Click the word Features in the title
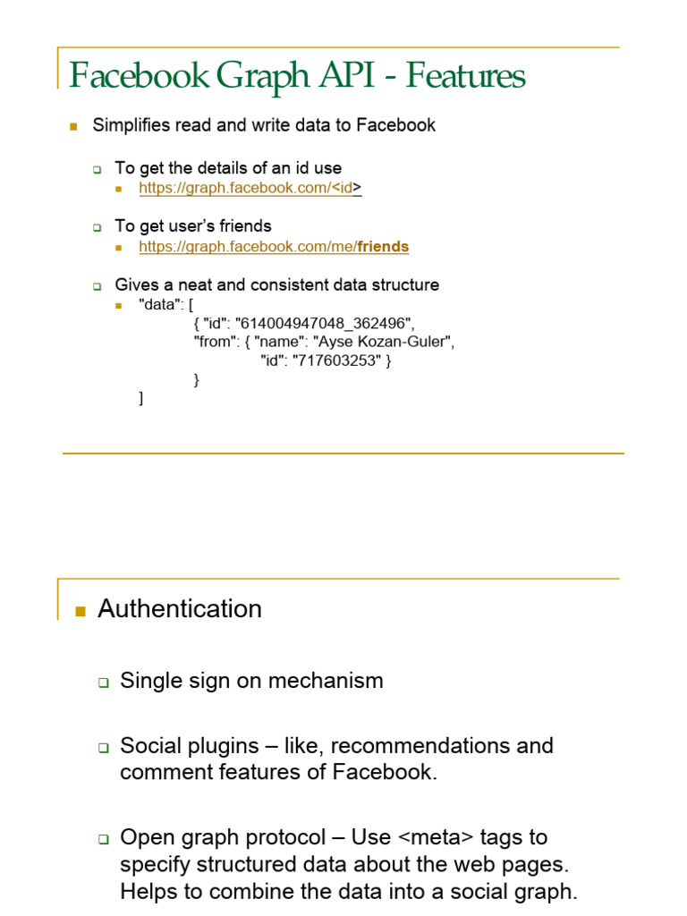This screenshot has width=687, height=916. [x=465, y=77]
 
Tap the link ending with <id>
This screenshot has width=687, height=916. [x=250, y=188]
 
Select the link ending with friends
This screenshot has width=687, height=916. [x=274, y=247]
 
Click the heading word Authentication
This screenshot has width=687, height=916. [x=180, y=609]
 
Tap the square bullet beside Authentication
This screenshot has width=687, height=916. [x=80, y=612]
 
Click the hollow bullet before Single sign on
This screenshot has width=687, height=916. [x=103, y=683]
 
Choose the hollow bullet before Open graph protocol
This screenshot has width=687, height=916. [x=103, y=840]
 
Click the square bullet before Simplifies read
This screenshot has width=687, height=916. [x=74, y=126]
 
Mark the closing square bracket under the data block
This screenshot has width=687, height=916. [x=141, y=398]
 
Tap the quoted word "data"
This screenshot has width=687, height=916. [x=157, y=304]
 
